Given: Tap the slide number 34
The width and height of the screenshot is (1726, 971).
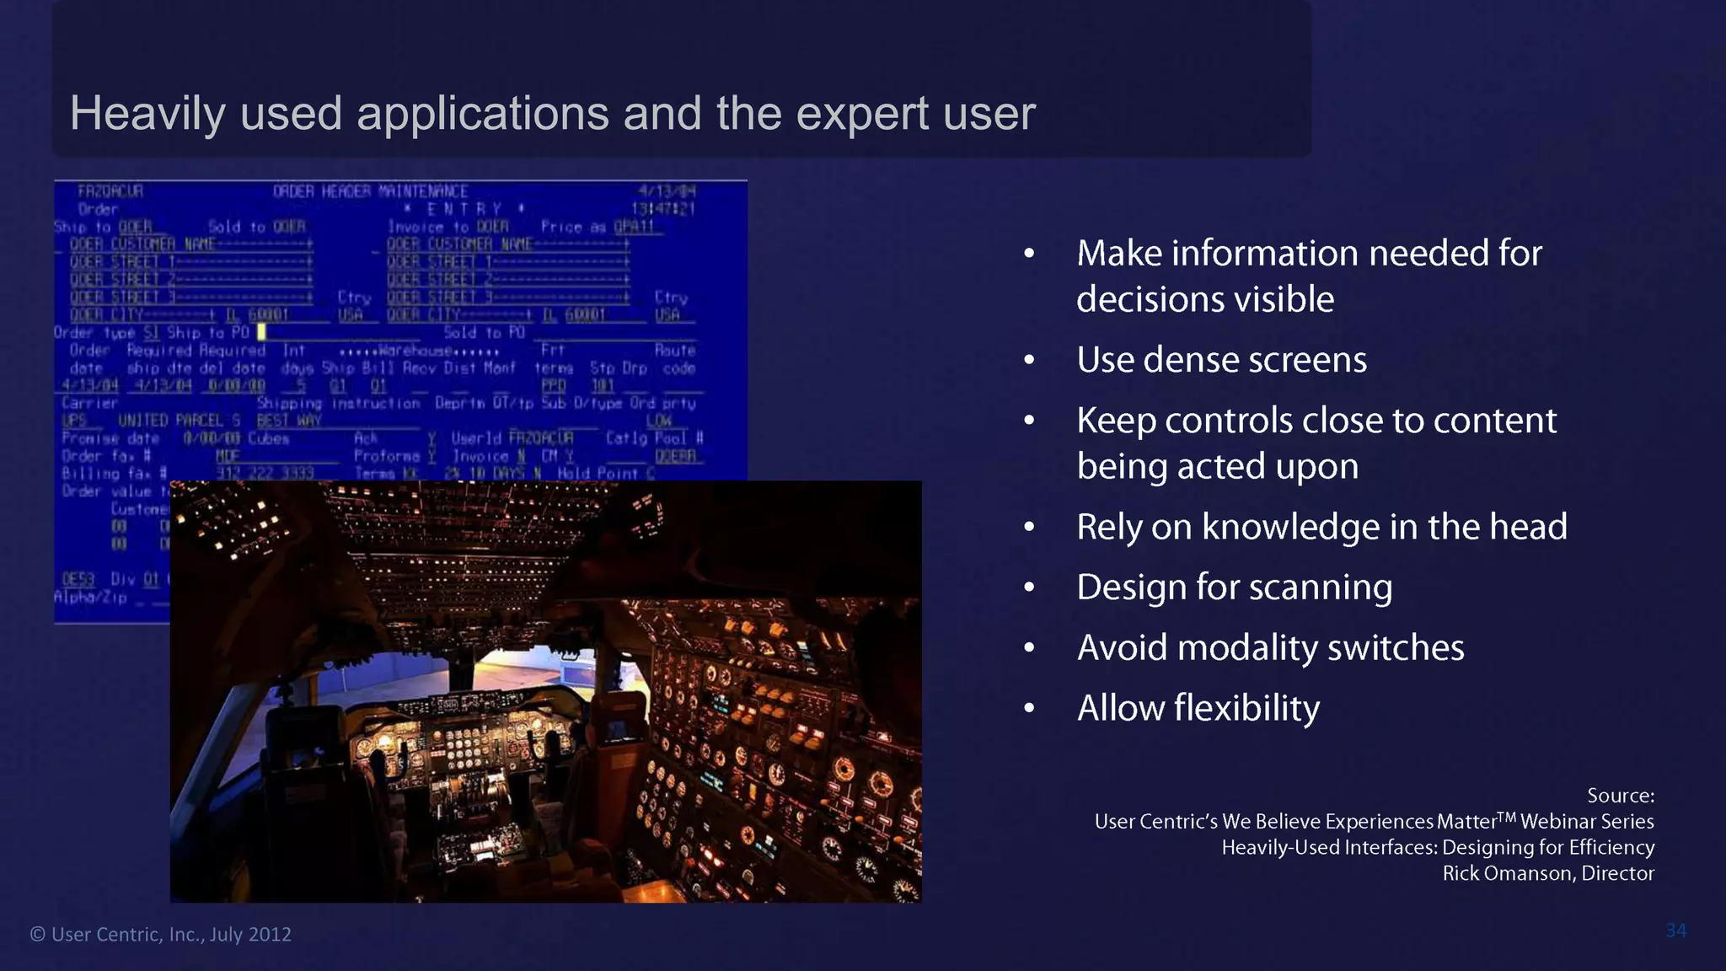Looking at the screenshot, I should (x=1675, y=931).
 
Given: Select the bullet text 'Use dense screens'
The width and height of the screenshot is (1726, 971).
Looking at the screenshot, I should (x=1221, y=360).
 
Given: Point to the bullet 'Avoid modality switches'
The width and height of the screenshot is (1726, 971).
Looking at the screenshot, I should (x=1270, y=648).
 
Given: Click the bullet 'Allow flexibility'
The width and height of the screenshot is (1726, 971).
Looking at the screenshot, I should (x=1198, y=708).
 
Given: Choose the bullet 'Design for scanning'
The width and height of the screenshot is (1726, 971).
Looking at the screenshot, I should (x=1234, y=587).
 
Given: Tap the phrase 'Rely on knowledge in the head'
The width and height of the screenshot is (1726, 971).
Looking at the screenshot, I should (x=1321, y=527).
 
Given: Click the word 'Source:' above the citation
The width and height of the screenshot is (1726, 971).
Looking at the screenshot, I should (x=1620, y=796).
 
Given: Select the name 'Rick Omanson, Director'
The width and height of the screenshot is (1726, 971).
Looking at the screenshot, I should (x=1547, y=873).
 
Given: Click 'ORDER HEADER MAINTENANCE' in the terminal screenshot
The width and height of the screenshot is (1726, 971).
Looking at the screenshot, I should (x=370, y=191).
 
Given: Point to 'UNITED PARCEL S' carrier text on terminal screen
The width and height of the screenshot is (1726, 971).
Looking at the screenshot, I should (x=179, y=421).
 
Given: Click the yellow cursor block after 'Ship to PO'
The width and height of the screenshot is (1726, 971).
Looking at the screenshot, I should (x=261, y=333).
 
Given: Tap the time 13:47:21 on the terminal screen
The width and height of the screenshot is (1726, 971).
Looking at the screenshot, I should (x=663, y=209).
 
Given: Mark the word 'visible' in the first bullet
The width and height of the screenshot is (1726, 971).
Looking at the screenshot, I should (x=1289, y=300).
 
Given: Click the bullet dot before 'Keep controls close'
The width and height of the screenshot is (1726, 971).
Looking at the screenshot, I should (x=1029, y=421).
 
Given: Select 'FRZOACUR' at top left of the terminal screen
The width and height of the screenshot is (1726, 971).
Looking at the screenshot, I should (x=110, y=191).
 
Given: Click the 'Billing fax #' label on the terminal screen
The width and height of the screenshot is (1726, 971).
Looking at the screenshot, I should (x=114, y=474).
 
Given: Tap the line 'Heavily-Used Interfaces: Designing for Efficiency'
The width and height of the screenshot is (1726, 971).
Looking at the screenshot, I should (x=1438, y=847).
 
